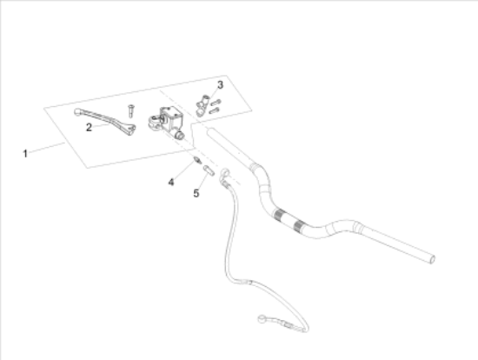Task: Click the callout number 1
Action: pyautogui.click(x=25, y=153)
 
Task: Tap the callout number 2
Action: pyautogui.click(x=89, y=127)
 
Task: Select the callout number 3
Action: pyautogui.click(x=220, y=85)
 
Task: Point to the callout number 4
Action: pyautogui.click(x=171, y=183)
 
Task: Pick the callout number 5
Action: pyautogui.click(x=196, y=193)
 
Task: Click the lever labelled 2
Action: pyautogui.click(x=105, y=122)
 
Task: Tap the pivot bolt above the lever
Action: pyautogui.click(x=131, y=110)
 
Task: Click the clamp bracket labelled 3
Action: pyautogui.click(x=202, y=105)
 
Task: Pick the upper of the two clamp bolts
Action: pyautogui.click(x=216, y=103)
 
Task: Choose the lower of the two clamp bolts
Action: pyautogui.click(x=214, y=110)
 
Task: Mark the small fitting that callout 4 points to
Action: pyautogui.click(x=197, y=159)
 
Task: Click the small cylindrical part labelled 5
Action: pyautogui.click(x=209, y=170)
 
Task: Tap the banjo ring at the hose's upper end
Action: pyautogui.click(x=225, y=173)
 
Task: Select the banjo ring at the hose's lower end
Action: pyautogui.click(x=262, y=319)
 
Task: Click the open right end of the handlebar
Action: pyautogui.click(x=432, y=260)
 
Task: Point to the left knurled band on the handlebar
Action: pyautogui.click(x=278, y=215)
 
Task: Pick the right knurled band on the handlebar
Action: pyautogui.click(x=298, y=226)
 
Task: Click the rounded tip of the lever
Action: pyautogui.click(x=77, y=112)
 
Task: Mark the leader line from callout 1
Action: pyautogui.click(x=47, y=147)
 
